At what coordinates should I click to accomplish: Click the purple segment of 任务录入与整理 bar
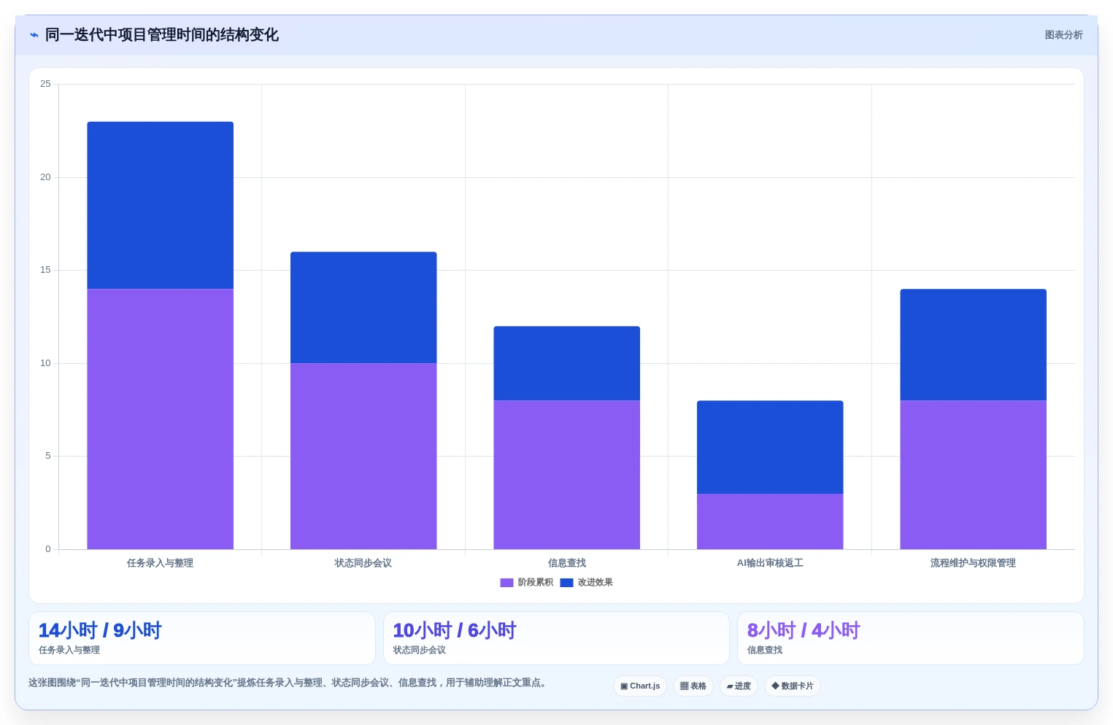coord(160,419)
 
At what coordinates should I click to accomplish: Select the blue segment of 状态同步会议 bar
coord(363,307)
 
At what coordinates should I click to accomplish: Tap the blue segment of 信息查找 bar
coord(566,363)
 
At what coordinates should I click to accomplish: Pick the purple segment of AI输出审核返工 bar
coord(770,522)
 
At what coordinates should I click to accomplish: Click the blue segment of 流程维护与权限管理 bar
coord(973,344)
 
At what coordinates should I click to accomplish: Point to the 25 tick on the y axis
coord(46,84)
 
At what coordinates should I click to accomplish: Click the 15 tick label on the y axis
coord(46,270)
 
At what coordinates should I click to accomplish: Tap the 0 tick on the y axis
coord(48,548)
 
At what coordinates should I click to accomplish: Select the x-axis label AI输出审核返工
coord(770,562)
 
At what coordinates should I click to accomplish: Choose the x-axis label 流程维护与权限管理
coord(973,562)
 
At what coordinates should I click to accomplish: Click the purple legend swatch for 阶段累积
coord(507,583)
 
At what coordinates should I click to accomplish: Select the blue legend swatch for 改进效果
coord(566,583)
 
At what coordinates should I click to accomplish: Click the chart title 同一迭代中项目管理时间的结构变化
coord(162,35)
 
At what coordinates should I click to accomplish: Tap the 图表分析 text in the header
coord(1063,35)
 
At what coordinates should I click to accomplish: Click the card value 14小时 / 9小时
coord(100,630)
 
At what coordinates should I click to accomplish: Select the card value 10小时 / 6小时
coord(455,630)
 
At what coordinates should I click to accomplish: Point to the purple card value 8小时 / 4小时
coord(804,630)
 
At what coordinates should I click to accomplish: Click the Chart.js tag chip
coord(640,686)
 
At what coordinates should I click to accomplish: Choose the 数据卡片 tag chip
coord(792,686)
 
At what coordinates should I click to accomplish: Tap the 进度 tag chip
coord(739,686)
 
